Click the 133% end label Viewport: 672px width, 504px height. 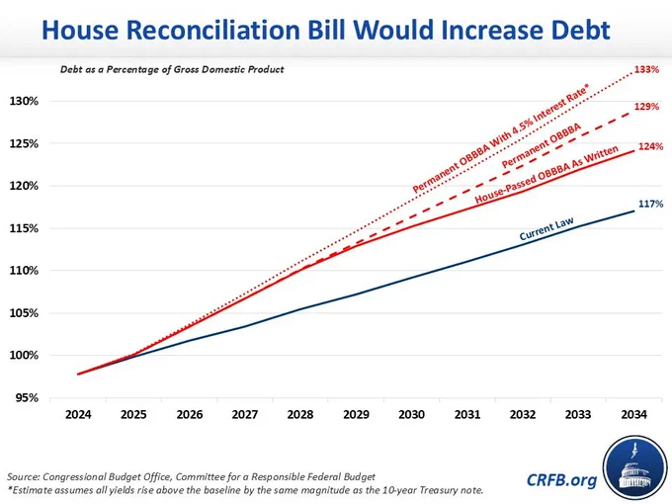coord(646,69)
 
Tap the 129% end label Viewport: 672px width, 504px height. coord(646,107)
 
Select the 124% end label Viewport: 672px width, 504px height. coord(650,146)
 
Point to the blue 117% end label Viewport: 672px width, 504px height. coord(650,204)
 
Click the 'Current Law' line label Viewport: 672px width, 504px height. coord(546,229)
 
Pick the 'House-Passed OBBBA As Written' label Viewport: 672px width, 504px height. coord(546,175)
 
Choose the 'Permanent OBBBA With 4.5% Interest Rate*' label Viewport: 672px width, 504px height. coord(501,138)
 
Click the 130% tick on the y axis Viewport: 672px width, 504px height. coord(24,101)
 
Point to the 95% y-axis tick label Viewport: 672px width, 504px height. coord(27,397)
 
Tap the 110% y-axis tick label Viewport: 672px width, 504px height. coord(24,271)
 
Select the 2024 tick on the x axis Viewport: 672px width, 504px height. coord(78,414)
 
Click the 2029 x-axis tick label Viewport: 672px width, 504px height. coord(356,414)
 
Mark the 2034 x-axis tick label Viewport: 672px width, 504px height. coord(633,414)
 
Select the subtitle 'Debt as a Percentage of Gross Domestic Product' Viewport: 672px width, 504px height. coord(172,69)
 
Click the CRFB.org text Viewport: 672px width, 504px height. coord(561,479)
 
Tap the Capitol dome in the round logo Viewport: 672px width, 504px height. coord(635,472)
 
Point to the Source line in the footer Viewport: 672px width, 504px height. coord(191,476)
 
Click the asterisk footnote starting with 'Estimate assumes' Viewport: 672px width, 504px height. coord(245,490)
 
